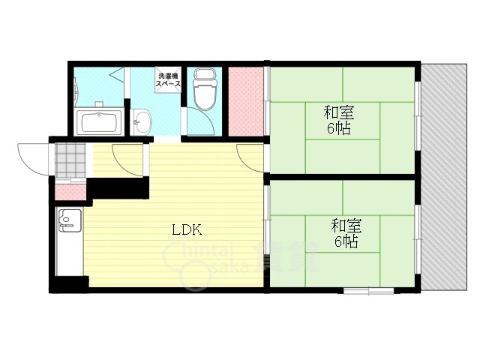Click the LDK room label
[x=187, y=229]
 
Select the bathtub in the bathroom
[x=99, y=121]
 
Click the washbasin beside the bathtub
[x=141, y=122]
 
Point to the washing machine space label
[x=168, y=80]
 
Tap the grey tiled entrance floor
[x=70, y=160]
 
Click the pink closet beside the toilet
[x=246, y=101]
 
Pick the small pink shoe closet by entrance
[x=70, y=192]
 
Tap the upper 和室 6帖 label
[x=339, y=120]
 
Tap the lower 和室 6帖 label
[x=346, y=233]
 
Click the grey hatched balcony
[x=444, y=178]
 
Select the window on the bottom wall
[x=368, y=290]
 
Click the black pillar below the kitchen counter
[x=72, y=284]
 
